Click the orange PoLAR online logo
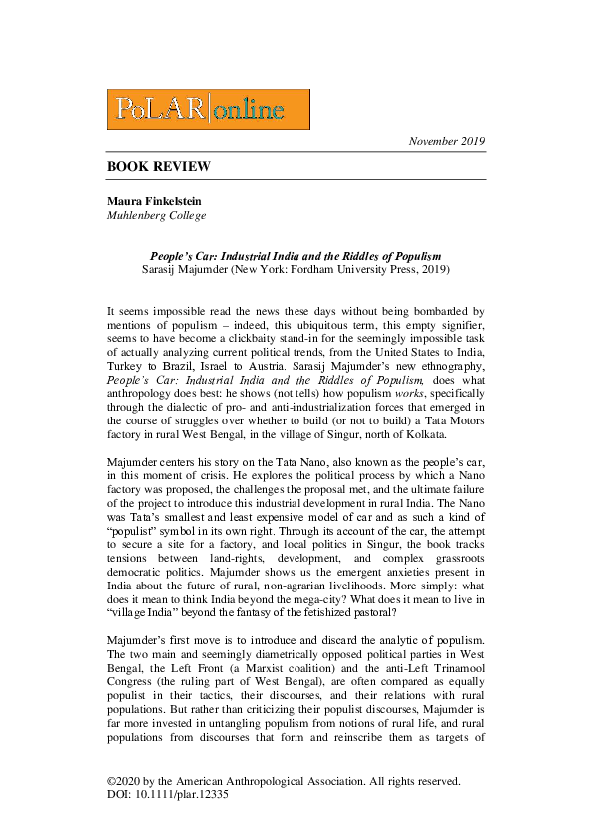click(x=208, y=110)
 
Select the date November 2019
click(x=447, y=142)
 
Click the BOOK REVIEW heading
click(x=159, y=166)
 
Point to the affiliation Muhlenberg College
click(x=157, y=215)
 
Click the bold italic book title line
click(x=296, y=256)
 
